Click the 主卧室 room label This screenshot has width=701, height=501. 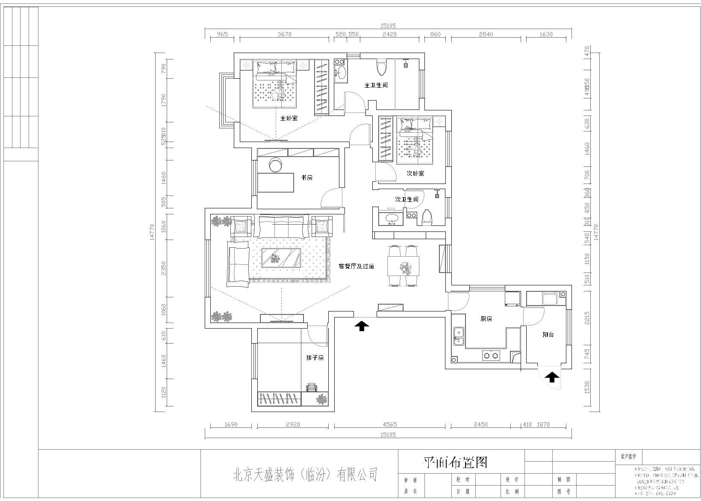[x=289, y=118]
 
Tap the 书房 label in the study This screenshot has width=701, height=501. [x=306, y=178]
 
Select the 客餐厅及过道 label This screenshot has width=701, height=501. [x=356, y=266]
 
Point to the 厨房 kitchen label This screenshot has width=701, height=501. [x=486, y=319]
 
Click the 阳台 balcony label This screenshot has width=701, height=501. [x=548, y=335]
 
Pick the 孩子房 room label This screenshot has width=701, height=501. [x=315, y=357]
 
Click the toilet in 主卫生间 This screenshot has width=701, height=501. [x=381, y=67]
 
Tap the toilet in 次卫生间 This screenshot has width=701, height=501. [x=427, y=218]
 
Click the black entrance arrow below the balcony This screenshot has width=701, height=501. [x=552, y=377]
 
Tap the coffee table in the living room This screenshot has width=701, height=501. [x=280, y=258]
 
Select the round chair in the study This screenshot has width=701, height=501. [x=276, y=164]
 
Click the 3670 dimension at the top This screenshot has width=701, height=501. [x=284, y=34]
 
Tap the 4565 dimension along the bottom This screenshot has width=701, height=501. [x=389, y=424]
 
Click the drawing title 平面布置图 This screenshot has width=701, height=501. [x=455, y=462]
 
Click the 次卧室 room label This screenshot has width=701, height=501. [x=415, y=174]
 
